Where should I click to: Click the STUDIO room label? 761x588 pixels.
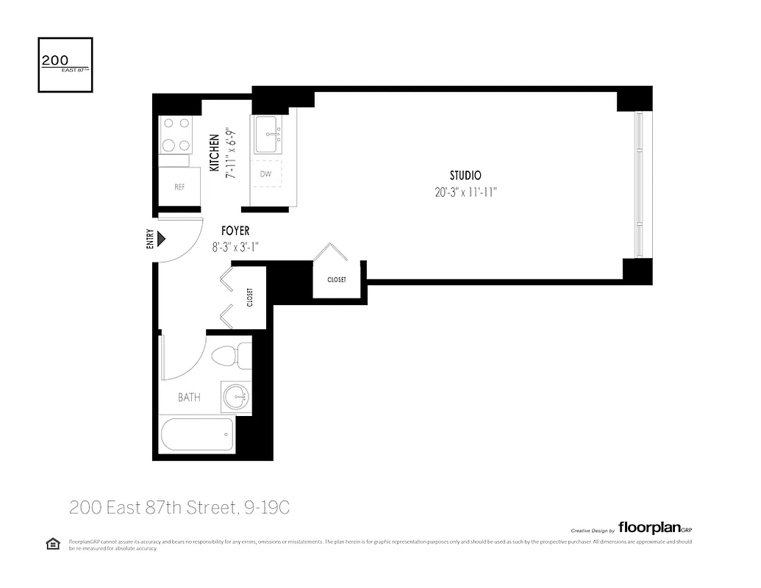pos(465,176)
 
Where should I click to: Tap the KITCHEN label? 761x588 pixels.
pos(214,153)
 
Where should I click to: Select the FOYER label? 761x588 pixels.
pos(235,231)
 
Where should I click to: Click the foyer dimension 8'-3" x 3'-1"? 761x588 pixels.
pos(235,248)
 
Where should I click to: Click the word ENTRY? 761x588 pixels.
pos(150,239)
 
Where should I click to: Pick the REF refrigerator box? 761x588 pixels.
pos(179,187)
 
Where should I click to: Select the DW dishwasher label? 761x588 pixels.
pos(265,175)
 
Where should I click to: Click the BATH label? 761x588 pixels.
pos(189,398)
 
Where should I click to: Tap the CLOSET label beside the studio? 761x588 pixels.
pos(336,279)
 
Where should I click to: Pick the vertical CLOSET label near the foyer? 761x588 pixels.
pos(250,298)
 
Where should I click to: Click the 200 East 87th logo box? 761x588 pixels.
pos(65,65)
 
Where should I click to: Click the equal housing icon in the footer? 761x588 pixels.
pos(53,544)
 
